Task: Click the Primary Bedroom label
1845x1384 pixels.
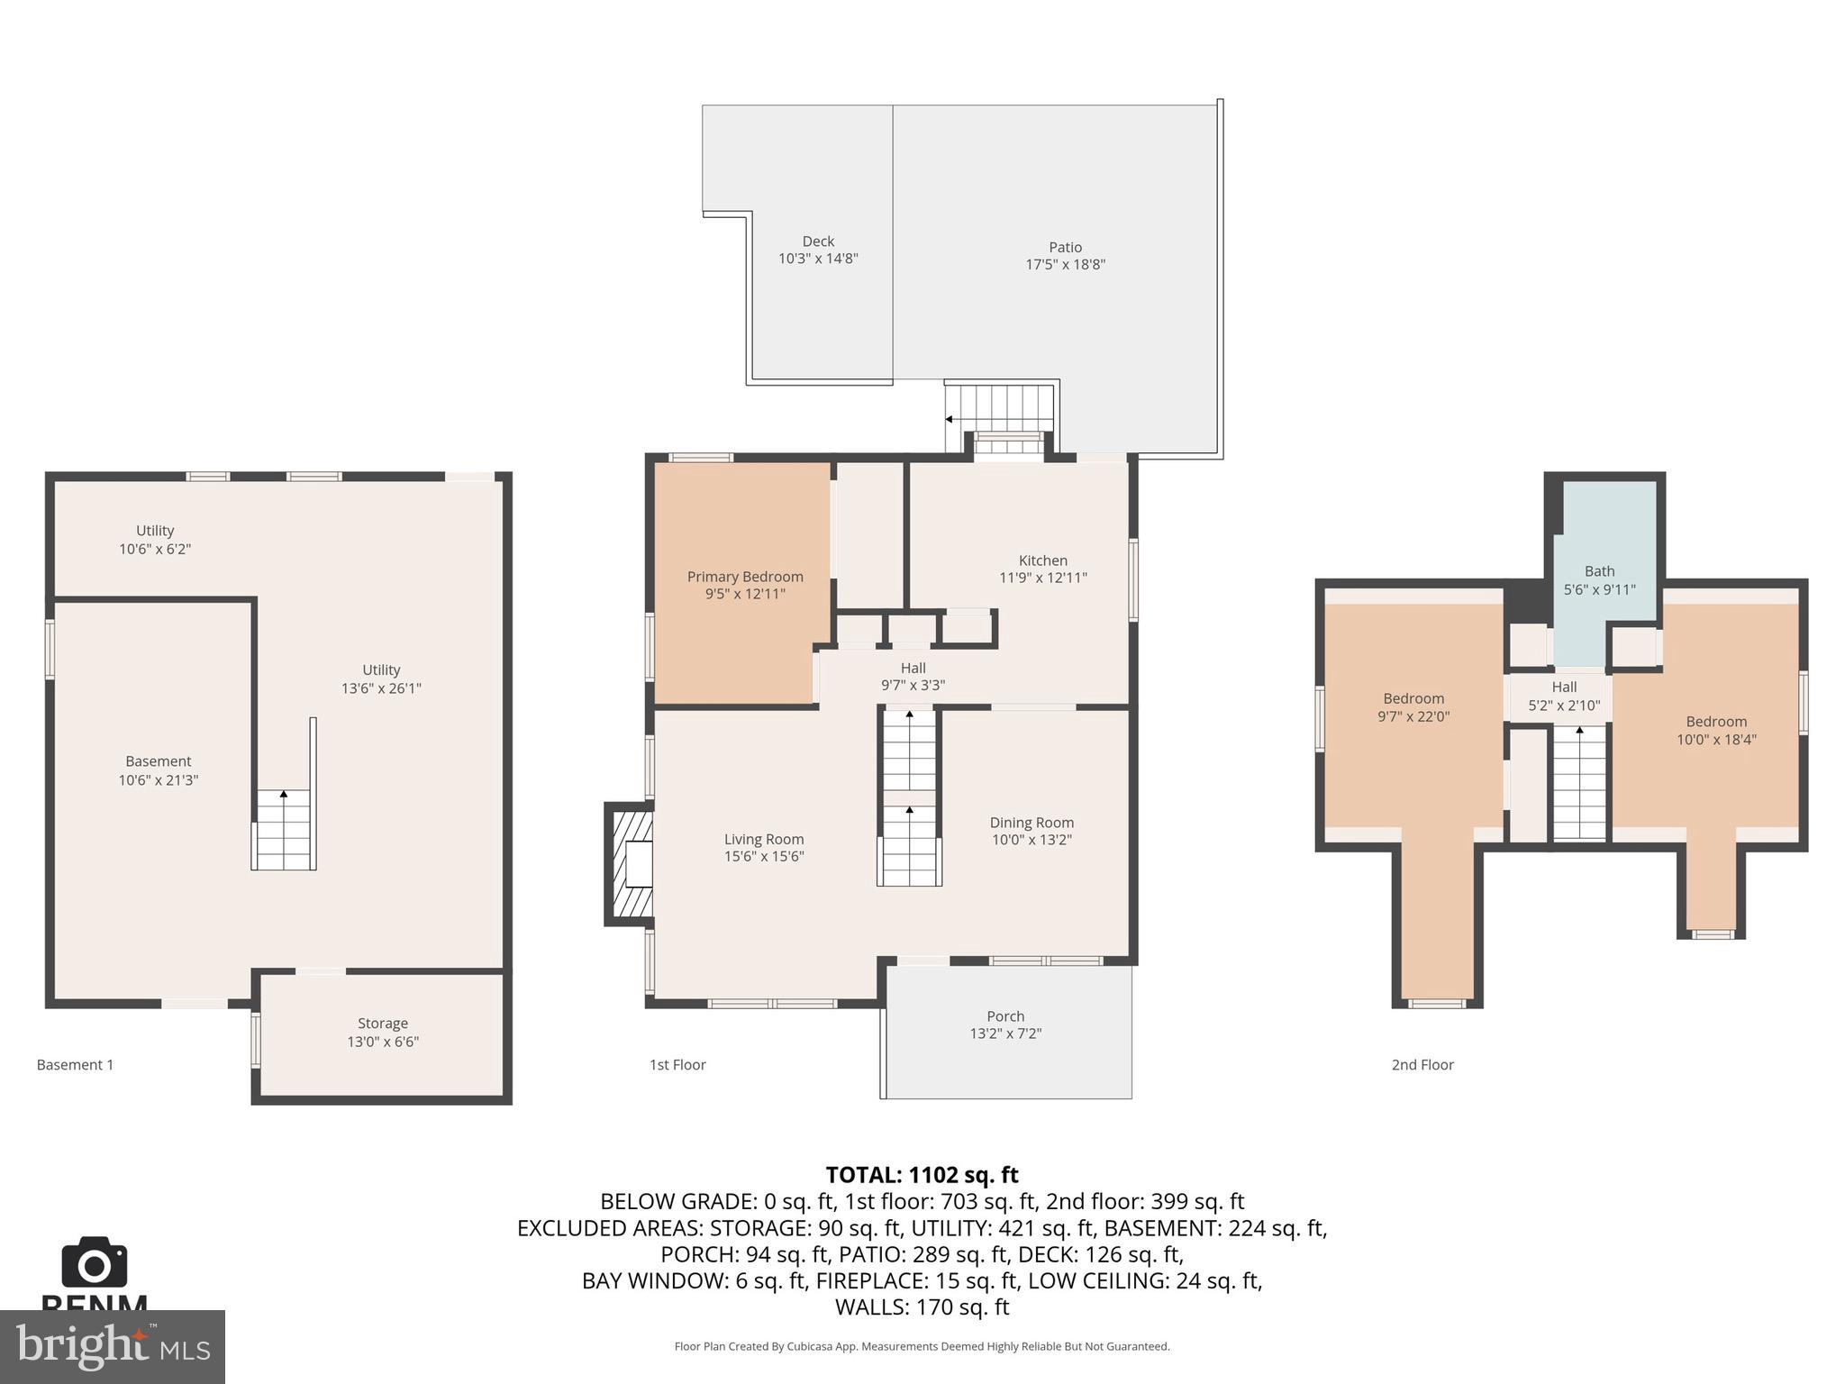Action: (744, 577)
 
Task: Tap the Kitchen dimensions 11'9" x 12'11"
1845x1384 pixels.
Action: (1042, 578)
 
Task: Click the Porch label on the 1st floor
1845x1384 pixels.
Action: (1004, 1015)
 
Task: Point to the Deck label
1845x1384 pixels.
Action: (818, 241)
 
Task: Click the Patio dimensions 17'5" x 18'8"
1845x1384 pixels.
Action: (1065, 264)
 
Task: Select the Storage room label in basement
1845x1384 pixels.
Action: (382, 1023)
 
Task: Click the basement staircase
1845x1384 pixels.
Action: (284, 829)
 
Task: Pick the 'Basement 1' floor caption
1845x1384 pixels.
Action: (75, 1064)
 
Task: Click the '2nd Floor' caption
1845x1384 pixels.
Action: (1422, 1064)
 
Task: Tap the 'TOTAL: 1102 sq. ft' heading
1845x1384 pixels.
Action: (922, 1174)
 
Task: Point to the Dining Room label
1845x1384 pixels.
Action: (1031, 822)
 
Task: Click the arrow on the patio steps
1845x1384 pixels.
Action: (950, 419)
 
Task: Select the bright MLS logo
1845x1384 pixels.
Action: (112, 1346)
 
